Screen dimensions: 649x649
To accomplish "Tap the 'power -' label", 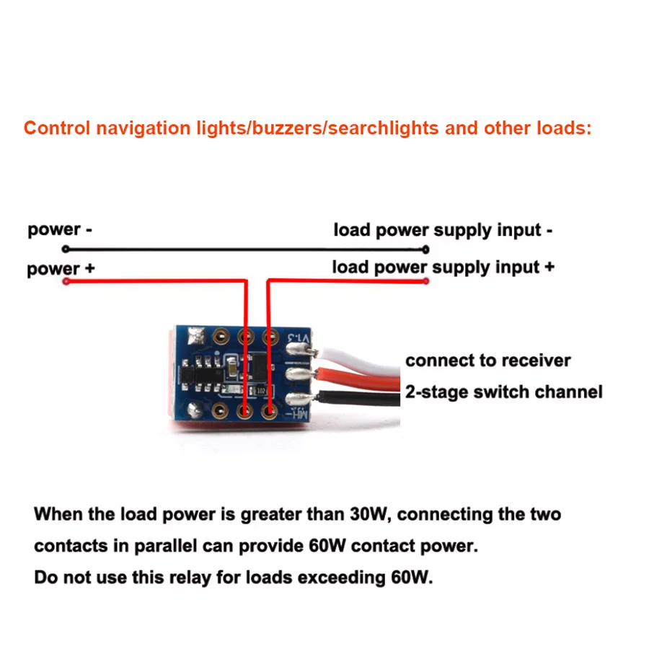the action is (60, 230).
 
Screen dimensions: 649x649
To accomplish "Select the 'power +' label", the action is (61, 269).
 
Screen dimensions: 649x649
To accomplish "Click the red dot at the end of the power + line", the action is (66, 281).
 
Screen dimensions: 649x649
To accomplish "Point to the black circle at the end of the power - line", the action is (66, 249).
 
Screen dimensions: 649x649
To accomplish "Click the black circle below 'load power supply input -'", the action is (425, 250).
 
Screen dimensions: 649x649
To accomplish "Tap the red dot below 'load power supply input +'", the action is (425, 281).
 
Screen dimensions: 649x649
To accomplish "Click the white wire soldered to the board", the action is (358, 360).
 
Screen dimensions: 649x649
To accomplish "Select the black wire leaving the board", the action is (358, 398).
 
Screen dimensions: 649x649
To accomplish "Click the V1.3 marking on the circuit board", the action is (299, 337).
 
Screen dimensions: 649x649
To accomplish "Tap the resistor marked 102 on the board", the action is (261, 391).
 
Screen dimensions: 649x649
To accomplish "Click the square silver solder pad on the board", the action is (196, 335).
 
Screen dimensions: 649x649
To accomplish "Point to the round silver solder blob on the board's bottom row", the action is (194, 410).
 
